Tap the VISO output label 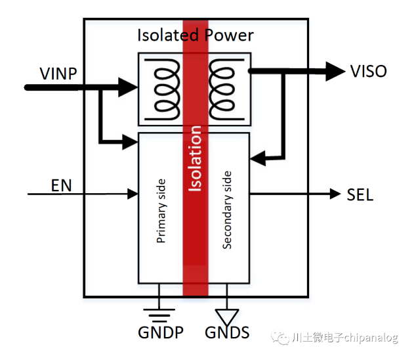coord(368,71)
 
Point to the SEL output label coord(360,194)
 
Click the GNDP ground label coord(159,332)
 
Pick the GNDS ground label coord(227,332)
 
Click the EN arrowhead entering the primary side coord(133,194)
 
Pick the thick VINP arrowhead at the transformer coord(127,85)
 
